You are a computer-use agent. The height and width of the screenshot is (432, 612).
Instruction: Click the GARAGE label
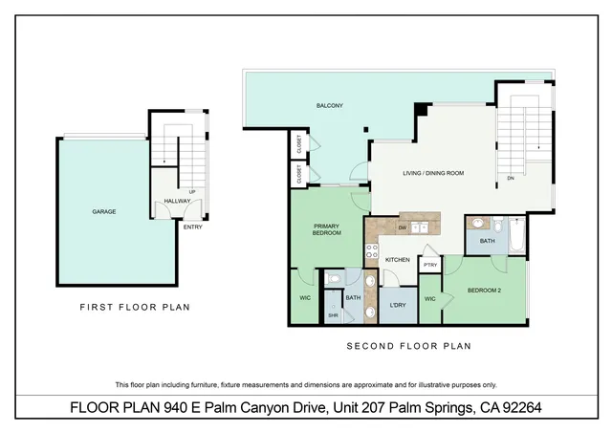104,211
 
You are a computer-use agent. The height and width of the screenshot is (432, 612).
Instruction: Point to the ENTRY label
192,227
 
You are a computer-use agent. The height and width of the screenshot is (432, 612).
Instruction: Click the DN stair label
511,178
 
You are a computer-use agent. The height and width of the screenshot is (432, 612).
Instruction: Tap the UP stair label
193,191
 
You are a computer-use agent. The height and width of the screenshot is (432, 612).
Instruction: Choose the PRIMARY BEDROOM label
327,229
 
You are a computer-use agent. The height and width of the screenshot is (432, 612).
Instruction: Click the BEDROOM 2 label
486,290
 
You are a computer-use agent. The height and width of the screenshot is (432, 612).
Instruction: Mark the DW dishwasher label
403,227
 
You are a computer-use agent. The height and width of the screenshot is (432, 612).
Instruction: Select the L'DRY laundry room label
397,305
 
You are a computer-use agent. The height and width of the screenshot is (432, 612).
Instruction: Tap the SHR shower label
334,314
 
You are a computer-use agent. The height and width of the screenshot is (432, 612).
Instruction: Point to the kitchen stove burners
371,253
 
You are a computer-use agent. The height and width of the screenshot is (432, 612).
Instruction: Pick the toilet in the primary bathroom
333,279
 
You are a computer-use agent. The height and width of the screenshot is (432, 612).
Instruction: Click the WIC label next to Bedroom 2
430,299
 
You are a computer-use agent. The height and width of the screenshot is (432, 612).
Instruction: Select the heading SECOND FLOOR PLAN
408,346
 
